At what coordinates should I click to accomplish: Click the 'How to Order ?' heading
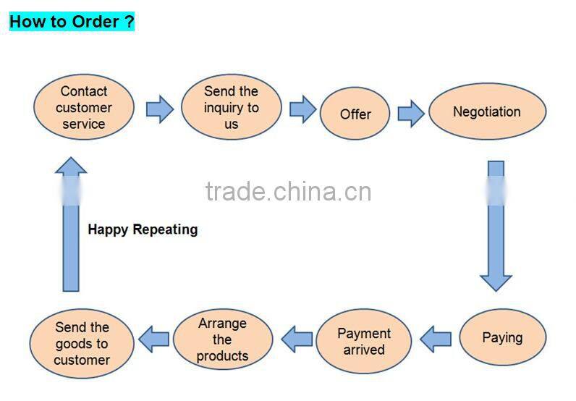72,21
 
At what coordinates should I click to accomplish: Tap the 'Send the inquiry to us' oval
231,108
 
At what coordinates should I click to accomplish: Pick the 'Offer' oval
355,114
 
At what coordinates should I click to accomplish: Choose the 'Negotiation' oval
486,111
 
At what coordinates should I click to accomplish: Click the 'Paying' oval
502,337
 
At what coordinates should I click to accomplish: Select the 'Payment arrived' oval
363,341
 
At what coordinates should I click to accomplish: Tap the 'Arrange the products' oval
222,339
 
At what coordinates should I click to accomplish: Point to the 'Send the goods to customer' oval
82,344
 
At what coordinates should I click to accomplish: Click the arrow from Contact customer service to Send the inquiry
159,109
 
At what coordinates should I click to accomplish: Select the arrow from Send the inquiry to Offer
302,109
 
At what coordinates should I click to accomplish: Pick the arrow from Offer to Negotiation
410,113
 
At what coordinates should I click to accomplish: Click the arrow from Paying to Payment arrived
436,338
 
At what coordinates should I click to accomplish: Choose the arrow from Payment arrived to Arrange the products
297,338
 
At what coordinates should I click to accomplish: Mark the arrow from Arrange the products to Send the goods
154,338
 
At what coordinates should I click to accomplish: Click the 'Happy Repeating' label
143,229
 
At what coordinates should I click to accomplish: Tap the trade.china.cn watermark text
288,192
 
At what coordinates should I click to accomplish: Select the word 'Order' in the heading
94,21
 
